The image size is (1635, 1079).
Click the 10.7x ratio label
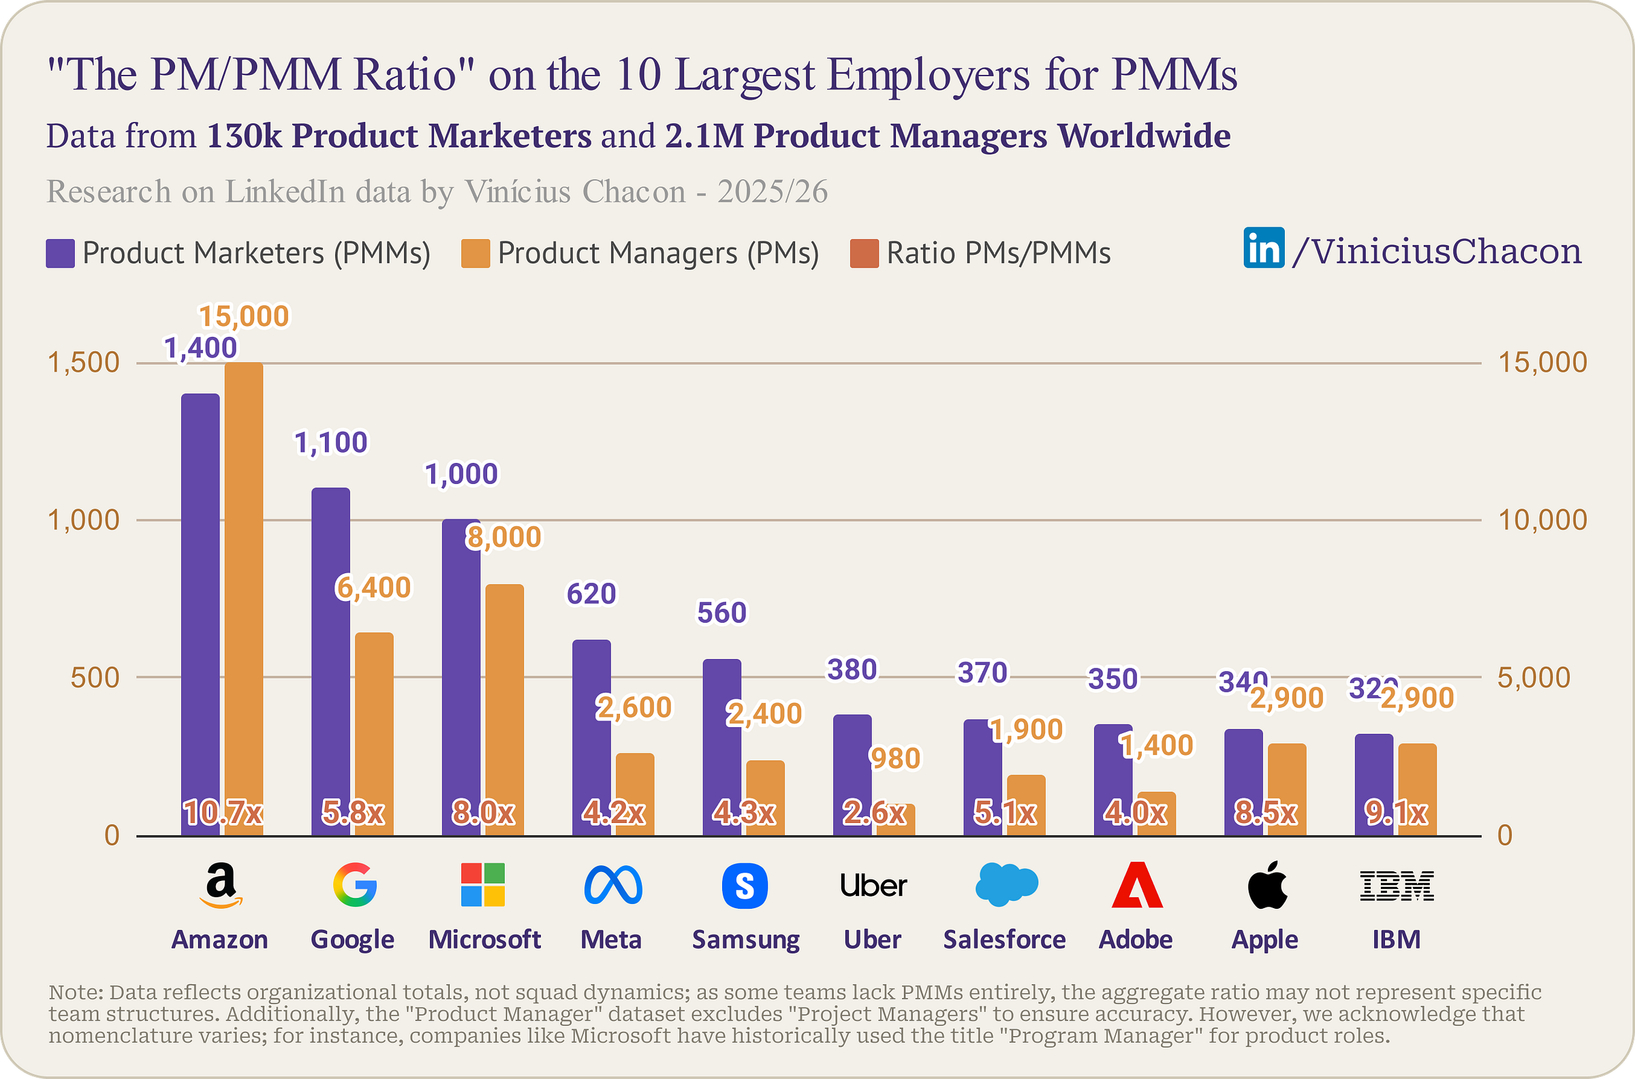tap(223, 814)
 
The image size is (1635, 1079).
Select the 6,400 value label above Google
tap(374, 587)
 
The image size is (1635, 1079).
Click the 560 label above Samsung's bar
tap(721, 613)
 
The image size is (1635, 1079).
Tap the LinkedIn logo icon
tap(1264, 248)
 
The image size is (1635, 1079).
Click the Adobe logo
tap(1136, 885)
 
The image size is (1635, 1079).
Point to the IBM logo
tap(1397, 886)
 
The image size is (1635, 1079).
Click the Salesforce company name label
tap(1004, 939)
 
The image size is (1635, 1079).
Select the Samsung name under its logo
tap(745, 939)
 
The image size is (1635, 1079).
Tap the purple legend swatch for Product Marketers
tap(60, 253)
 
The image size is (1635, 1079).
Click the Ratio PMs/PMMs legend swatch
tap(864, 253)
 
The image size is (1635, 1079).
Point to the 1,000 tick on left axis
tap(83, 520)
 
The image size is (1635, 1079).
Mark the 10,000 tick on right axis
tap(1542, 520)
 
